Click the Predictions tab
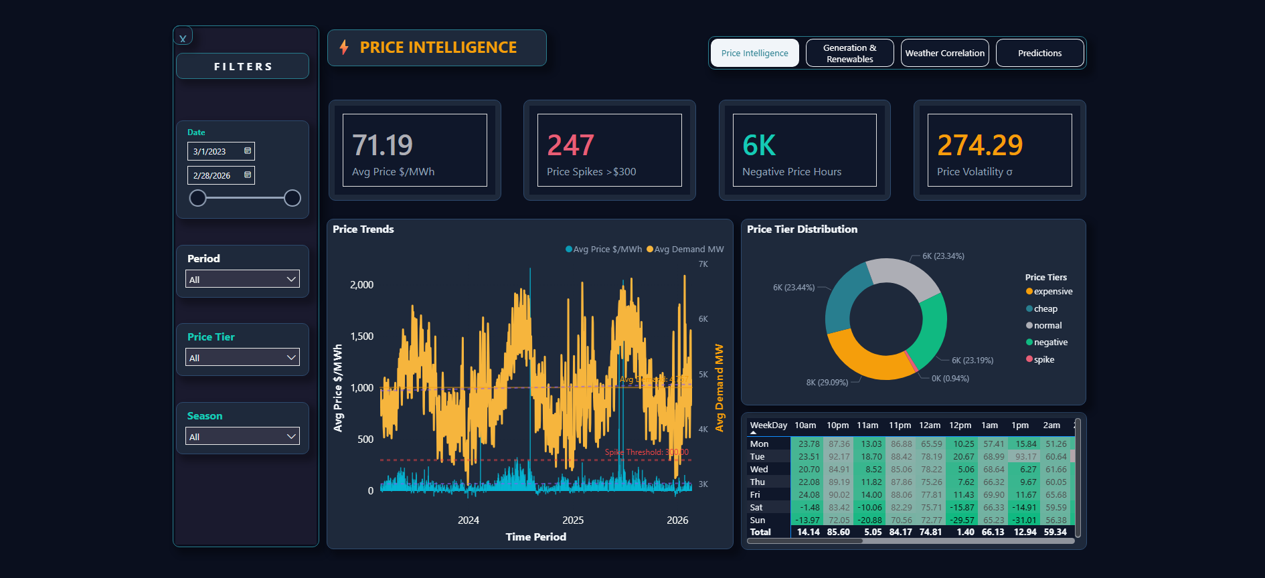click(x=1039, y=53)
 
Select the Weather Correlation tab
click(x=944, y=53)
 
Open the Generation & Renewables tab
click(x=849, y=53)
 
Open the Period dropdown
click(x=242, y=279)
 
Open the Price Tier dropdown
click(x=242, y=357)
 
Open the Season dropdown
click(x=242, y=436)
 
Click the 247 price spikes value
click(x=570, y=145)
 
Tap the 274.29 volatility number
click(x=980, y=145)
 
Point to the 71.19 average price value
click(x=382, y=145)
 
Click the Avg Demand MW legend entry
click(x=685, y=249)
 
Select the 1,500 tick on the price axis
click(x=361, y=336)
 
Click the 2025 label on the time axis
click(x=573, y=520)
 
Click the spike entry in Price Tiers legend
click(x=1043, y=359)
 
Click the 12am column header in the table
click(x=930, y=425)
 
